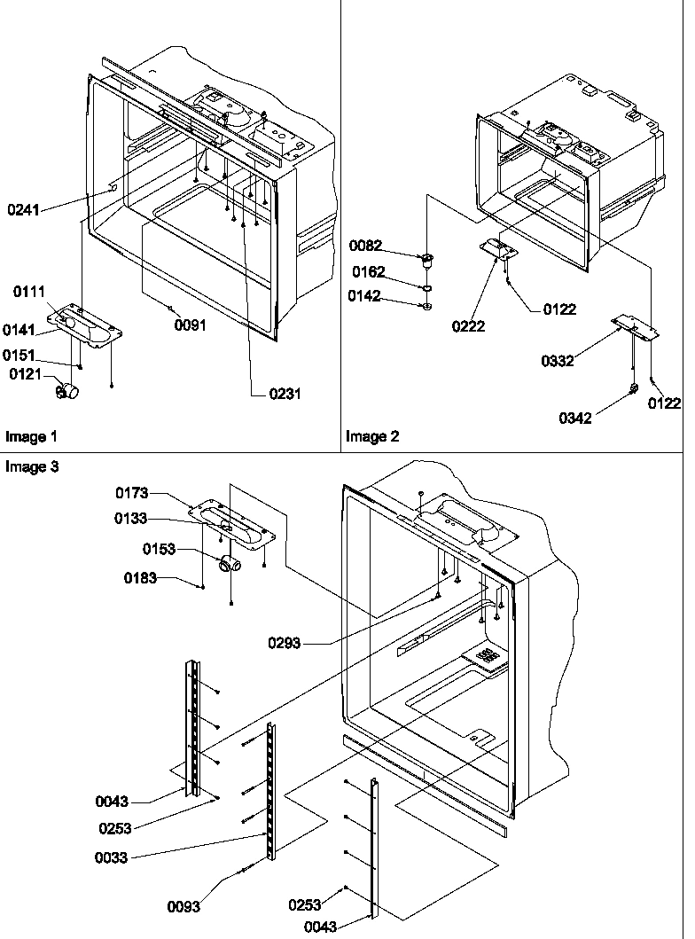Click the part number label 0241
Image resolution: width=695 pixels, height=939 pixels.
(23, 210)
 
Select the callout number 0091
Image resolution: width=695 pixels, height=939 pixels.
(190, 325)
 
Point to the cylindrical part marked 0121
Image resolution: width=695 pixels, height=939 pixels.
(67, 390)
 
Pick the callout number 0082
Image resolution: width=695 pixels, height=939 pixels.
(366, 245)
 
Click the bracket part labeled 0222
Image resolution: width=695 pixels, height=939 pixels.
(495, 250)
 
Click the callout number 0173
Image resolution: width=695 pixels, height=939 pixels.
(131, 493)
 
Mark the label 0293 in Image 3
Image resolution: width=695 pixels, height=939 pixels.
(285, 643)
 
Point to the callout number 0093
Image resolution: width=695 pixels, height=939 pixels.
(184, 906)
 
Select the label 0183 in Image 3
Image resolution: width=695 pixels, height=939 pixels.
(140, 578)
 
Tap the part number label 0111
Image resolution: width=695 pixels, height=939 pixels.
(29, 292)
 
